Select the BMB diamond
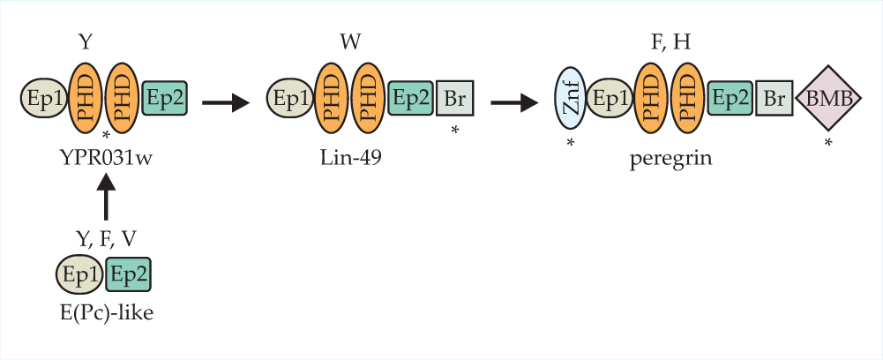pyautogui.click(x=828, y=99)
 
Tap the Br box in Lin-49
pyautogui.click(x=455, y=100)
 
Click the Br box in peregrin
pyautogui.click(x=775, y=100)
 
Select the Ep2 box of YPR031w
pyautogui.click(x=164, y=98)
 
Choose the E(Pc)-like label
pyautogui.click(x=105, y=311)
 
